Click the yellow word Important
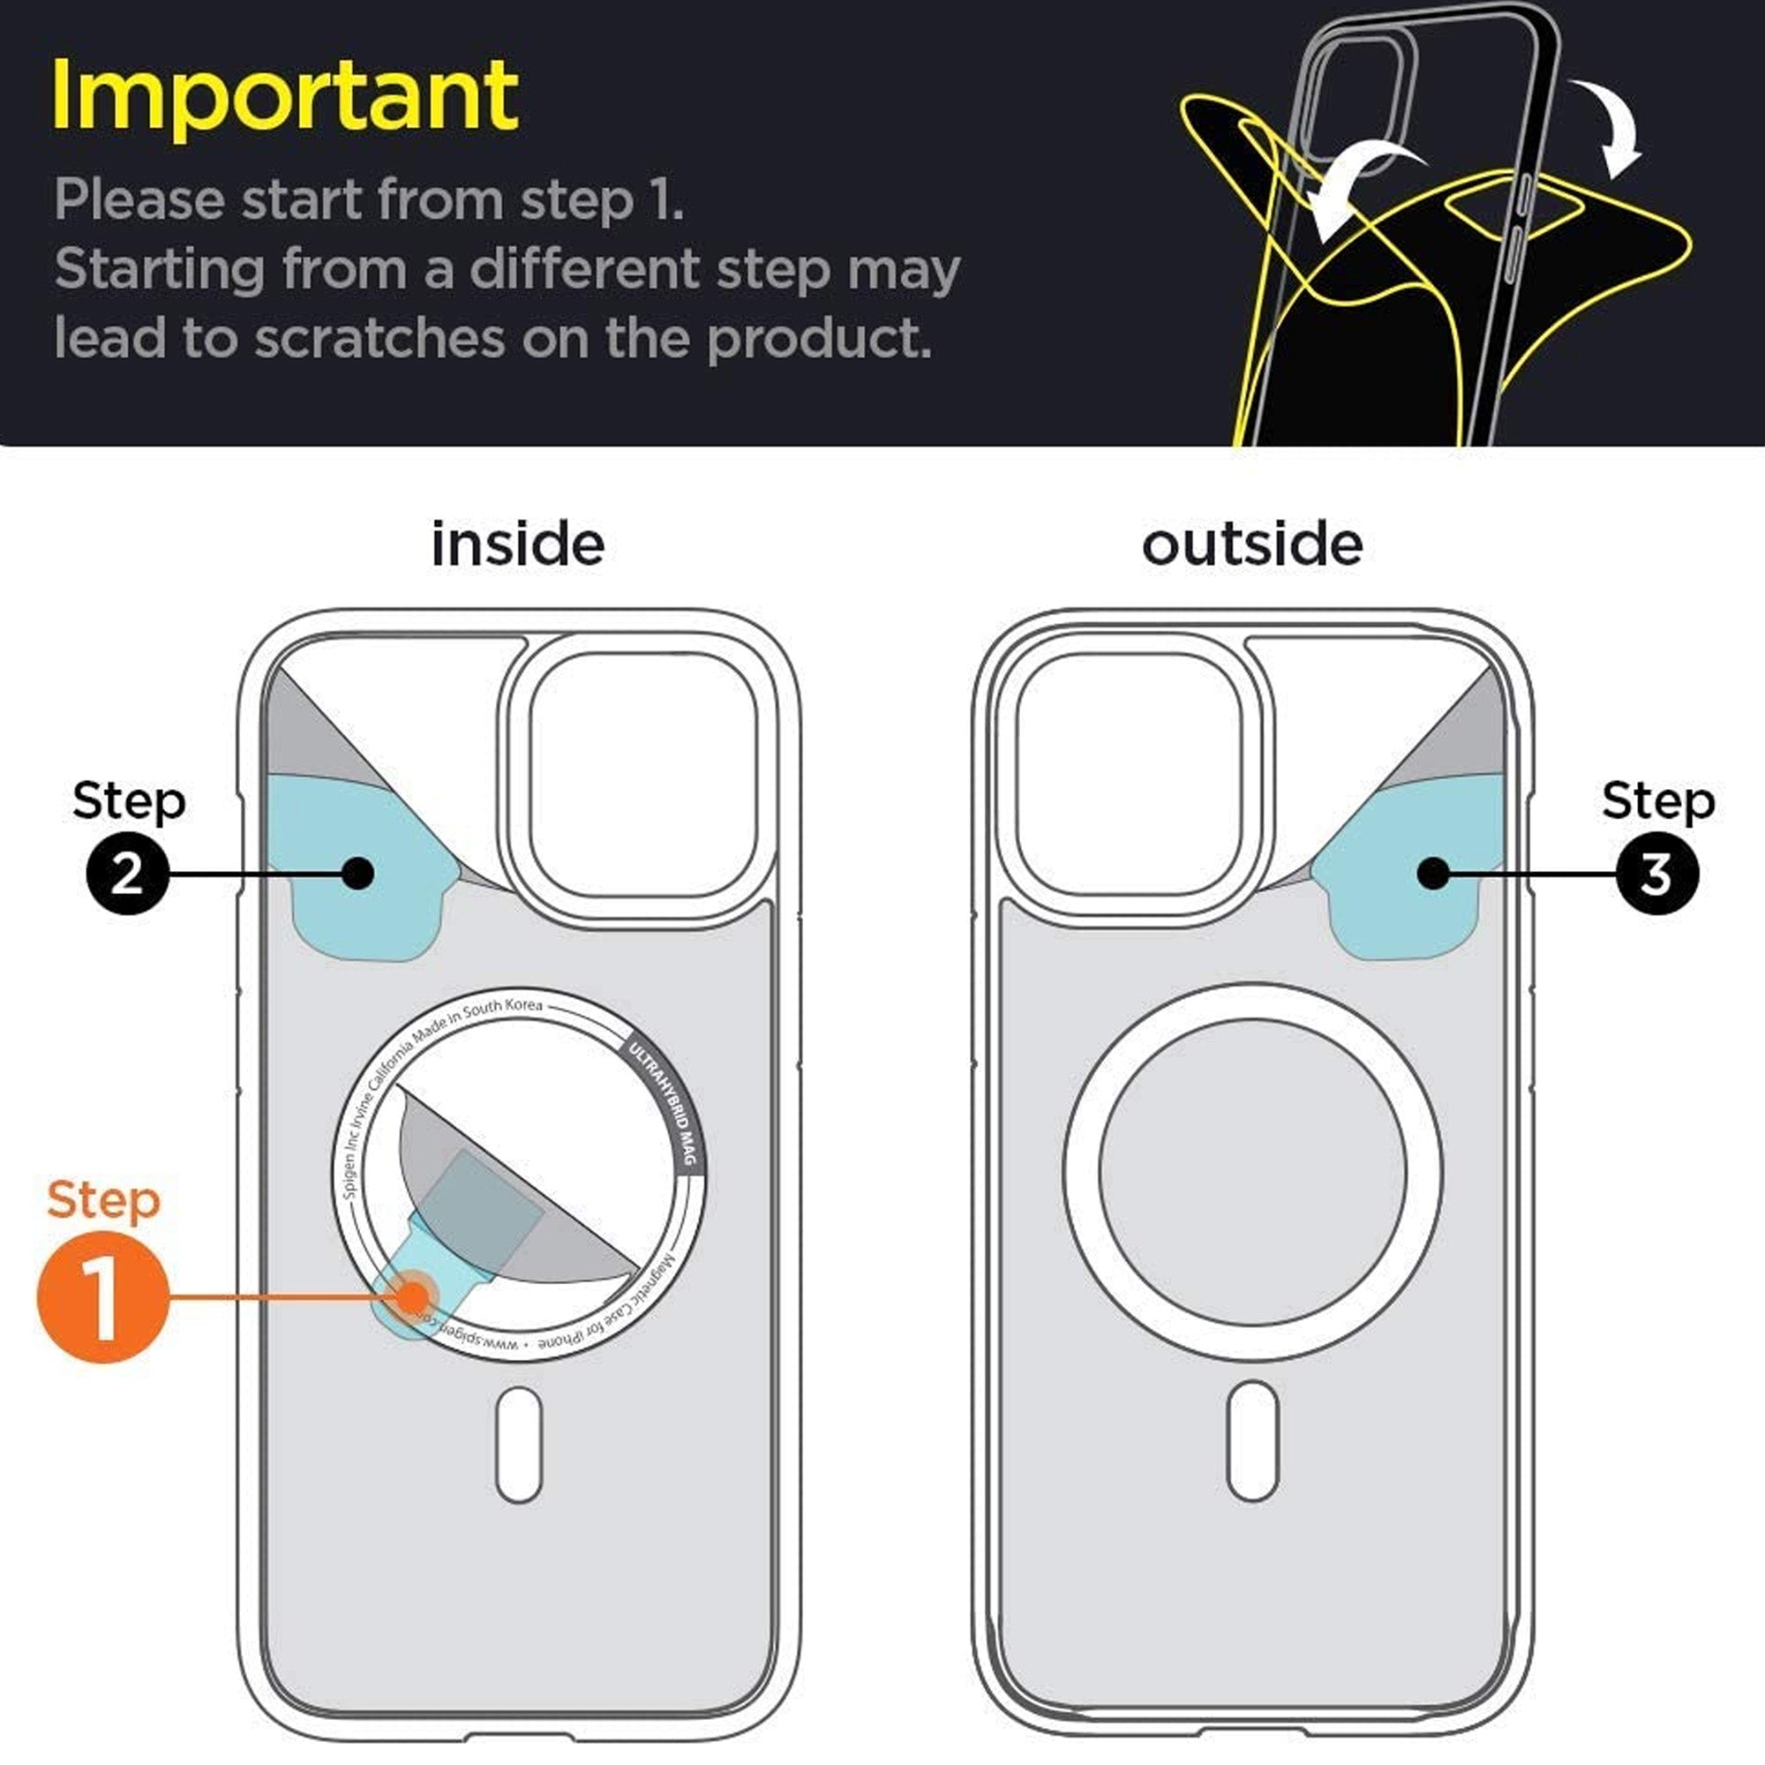pos(285,96)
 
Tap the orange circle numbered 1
pos(103,1297)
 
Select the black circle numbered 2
pos(128,874)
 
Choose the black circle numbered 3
pos(1657,874)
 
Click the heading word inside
pos(517,545)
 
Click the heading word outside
pos(1251,545)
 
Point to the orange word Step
pos(103,1199)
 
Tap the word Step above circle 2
pos(129,801)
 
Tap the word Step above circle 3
pos(1658,801)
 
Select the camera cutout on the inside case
pos(642,775)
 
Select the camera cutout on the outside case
pos(1127,775)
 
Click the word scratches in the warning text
pos(379,339)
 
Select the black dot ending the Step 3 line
pos(1433,874)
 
